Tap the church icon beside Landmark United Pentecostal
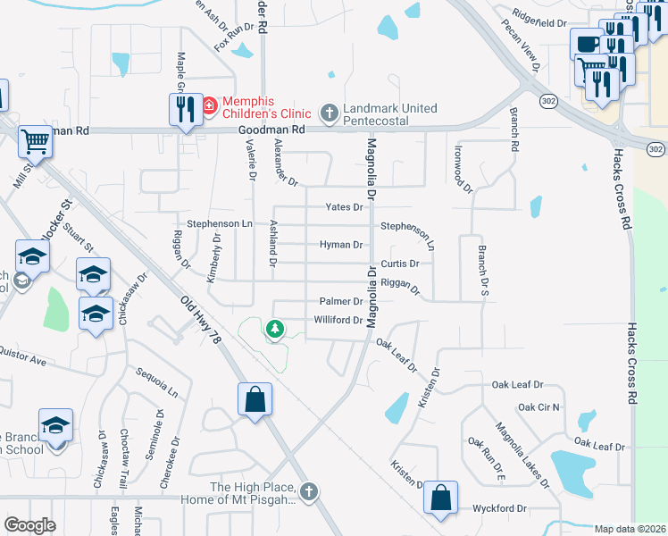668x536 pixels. (329, 112)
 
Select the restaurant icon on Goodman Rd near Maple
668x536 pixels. (184, 109)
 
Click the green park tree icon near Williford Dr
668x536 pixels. (276, 330)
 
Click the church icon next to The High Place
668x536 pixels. (308, 490)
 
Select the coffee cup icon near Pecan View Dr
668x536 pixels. (586, 44)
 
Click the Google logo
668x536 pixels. (29, 524)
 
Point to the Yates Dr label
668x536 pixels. (345, 206)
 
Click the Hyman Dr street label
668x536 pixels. (341, 244)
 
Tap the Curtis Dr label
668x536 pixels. (399, 264)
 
